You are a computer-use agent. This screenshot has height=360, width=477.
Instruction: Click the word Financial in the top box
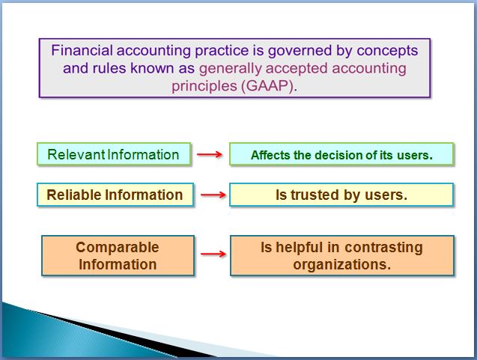click(x=82, y=50)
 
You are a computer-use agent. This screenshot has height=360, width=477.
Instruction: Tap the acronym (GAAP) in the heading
click(x=269, y=86)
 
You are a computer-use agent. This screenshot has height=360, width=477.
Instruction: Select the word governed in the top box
click(x=300, y=51)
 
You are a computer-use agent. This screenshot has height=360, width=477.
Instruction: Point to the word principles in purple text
click(x=204, y=86)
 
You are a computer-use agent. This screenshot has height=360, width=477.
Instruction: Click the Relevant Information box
click(x=114, y=154)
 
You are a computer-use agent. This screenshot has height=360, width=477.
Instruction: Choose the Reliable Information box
click(x=115, y=195)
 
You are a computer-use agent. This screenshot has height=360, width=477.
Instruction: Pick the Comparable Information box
click(x=118, y=256)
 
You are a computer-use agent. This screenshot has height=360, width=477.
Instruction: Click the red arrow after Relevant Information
click(x=210, y=154)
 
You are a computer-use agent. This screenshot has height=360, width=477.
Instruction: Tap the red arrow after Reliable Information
click(x=213, y=195)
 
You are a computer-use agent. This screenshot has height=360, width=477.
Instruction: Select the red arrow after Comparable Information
click(x=213, y=254)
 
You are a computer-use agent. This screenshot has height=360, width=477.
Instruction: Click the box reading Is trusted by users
click(x=341, y=195)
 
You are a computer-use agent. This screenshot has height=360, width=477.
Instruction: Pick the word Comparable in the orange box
click(x=118, y=247)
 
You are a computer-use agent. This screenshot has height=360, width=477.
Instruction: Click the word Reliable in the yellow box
click(x=74, y=195)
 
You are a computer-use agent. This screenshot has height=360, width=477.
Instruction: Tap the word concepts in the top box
click(x=387, y=51)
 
